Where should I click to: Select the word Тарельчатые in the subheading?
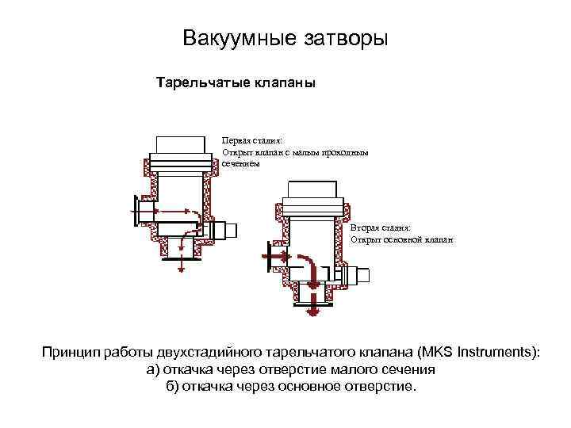[201, 82]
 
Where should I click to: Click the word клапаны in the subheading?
[283, 82]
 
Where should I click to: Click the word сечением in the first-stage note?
[240, 162]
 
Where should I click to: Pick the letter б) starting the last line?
[172, 387]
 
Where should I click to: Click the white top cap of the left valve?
[182, 147]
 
